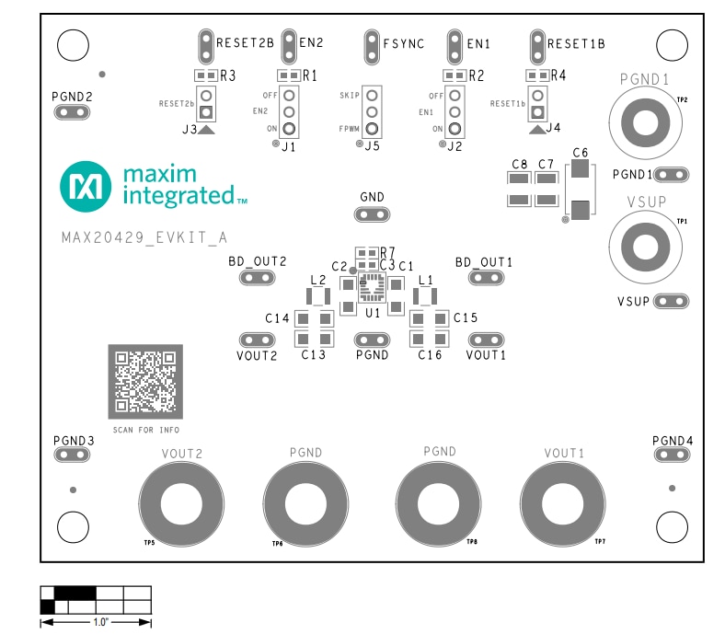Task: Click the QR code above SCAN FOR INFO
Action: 145,381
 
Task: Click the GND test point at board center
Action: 372,215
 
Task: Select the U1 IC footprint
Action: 373,288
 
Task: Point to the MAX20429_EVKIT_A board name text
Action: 144,237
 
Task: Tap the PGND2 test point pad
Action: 73,112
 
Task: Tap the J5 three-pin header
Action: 372,111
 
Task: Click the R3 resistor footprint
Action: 205,76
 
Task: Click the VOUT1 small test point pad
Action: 486,340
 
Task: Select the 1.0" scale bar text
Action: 96,623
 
